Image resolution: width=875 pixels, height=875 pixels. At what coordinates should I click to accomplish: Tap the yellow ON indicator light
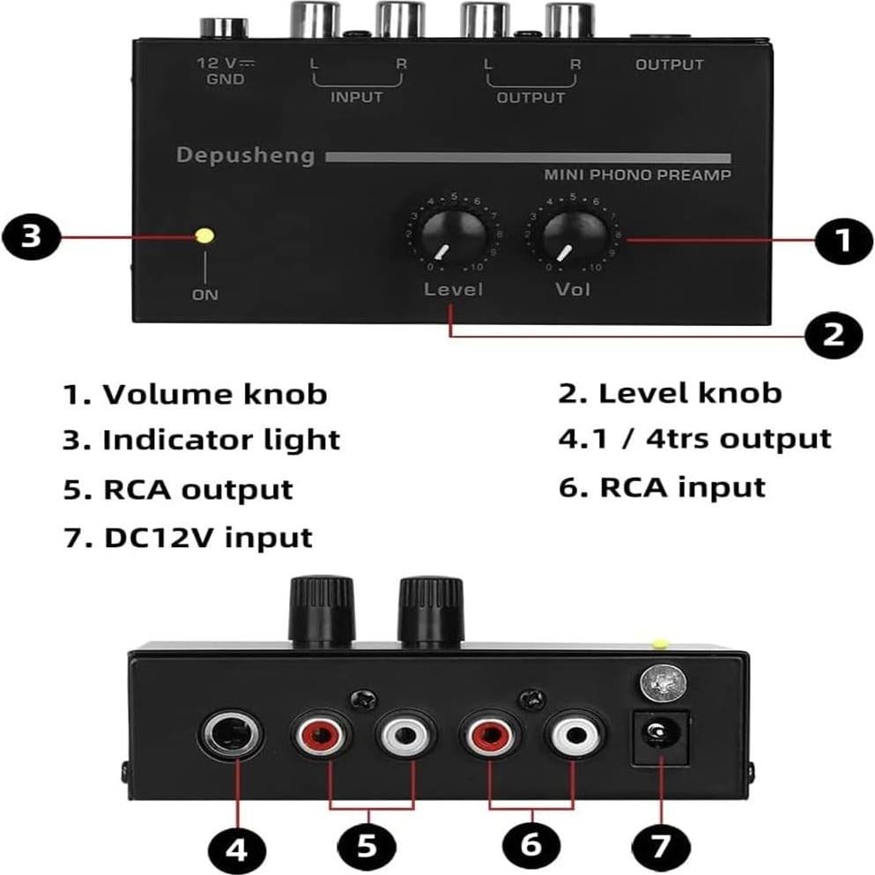[x=204, y=236]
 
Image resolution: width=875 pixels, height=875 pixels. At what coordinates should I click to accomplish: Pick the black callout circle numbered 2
[x=834, y=334]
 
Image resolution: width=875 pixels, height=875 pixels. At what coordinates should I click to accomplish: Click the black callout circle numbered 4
[x=237, y=849]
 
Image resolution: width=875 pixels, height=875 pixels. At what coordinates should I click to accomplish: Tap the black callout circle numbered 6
[x=530, y=844]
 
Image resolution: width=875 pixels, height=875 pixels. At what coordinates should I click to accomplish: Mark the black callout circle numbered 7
[x=661, y=848]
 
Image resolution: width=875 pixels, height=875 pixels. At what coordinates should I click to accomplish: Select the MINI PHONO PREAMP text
[x=637, y=175]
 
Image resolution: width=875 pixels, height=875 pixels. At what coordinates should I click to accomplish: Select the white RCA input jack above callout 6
[x=573, y=734]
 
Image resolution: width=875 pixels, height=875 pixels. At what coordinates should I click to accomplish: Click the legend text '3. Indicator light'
[x=201, y=440]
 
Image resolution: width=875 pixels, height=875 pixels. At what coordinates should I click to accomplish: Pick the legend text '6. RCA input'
[x=662, y=486]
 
